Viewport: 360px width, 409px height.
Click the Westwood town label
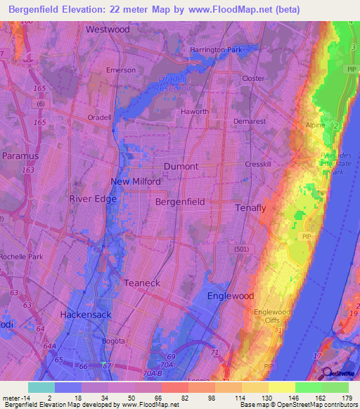point(108,30)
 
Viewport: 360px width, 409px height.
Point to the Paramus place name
point(20,155)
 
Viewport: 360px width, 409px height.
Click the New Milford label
point(136,181)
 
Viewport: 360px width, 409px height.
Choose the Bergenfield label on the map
point(180,202)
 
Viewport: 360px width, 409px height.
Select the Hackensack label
point(86,315)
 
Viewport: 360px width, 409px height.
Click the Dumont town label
point(181,167)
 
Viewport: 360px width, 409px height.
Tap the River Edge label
point(93,199)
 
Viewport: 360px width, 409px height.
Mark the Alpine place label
point(315,125)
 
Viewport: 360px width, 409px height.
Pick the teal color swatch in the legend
point(41,387)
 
